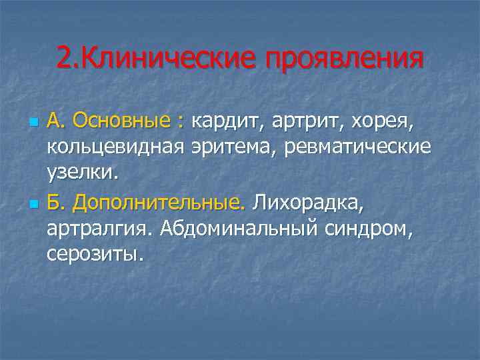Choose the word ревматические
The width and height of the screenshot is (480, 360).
coord(357,147)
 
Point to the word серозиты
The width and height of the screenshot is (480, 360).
coord(95,253)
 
